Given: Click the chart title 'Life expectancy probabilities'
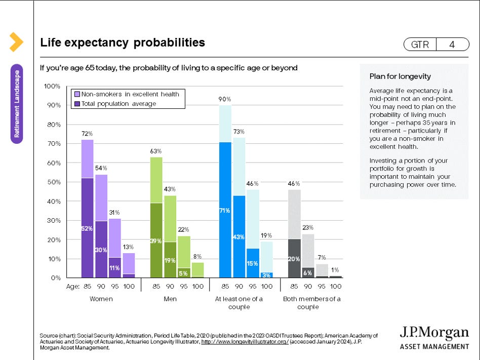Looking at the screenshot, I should pos(123,43).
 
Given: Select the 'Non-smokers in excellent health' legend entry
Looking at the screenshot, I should pos(130,94).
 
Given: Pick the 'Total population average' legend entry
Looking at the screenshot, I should pos(118,103).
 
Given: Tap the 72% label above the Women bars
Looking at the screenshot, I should pos(87,134).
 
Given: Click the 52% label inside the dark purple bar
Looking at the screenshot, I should pos(87,228).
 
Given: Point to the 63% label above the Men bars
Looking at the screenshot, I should pos(156,151).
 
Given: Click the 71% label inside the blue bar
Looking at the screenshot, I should pos(225,210).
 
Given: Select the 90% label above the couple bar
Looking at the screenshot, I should pos(225,99).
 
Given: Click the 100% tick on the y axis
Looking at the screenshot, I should pos(52,86).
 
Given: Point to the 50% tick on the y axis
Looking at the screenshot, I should pos(53,182).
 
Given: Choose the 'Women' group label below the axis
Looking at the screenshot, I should pos(101,299).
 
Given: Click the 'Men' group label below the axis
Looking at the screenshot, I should pos(170,299).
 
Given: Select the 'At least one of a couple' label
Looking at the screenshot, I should pos(239,303).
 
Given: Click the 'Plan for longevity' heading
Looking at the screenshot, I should pos(400,76).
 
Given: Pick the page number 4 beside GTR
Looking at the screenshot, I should pos(452,45).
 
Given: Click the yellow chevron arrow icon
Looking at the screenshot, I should pos(16,42).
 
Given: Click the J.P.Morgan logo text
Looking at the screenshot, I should pos(434,333).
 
